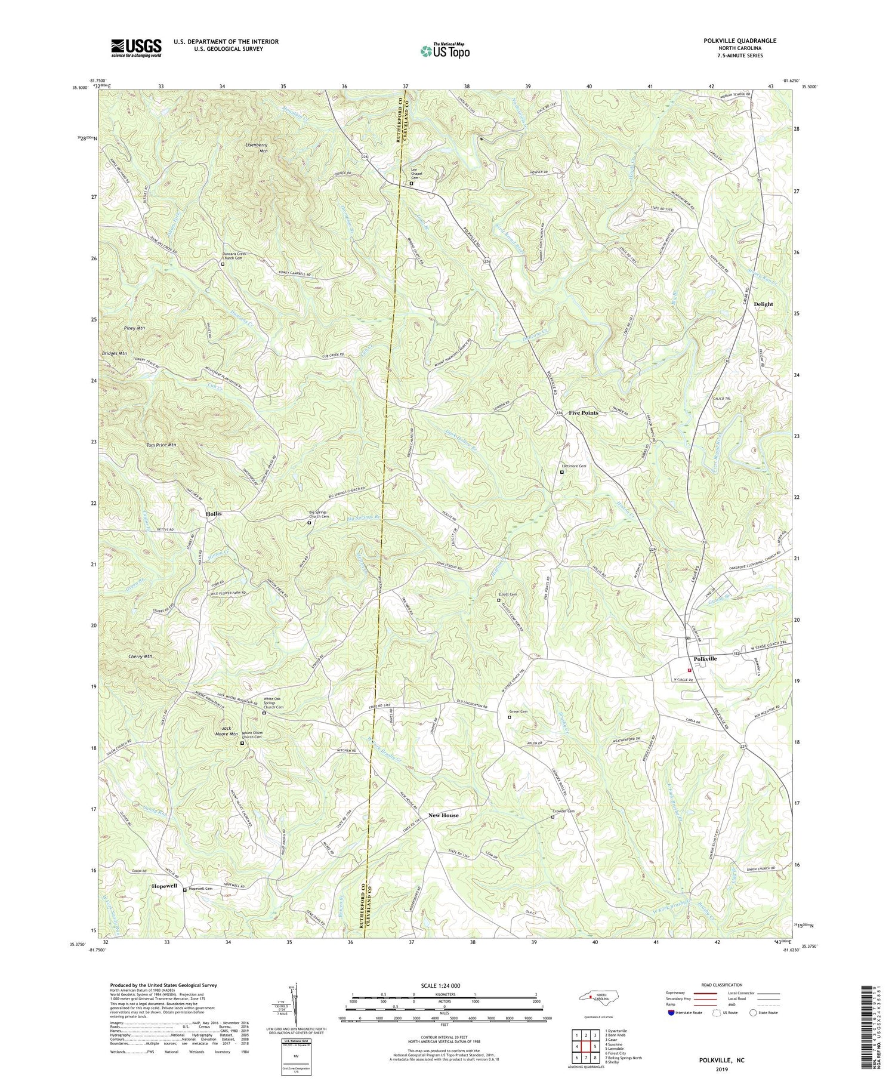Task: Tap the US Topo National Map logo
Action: pos(445,51)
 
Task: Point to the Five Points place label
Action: pos(583,413)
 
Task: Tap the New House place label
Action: pos(443,815)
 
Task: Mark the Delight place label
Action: pos(763,304)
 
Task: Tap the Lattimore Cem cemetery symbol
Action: pos(561,472)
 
